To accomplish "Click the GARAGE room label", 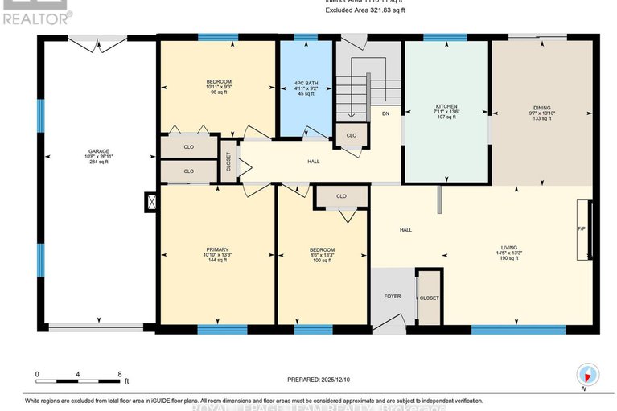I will (98, 150).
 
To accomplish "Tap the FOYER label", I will (392, 296).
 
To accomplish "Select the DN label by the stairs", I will (386, 113).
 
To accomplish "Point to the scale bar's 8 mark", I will (119, 375).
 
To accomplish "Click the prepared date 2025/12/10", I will (316, 379).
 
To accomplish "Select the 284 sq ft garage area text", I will (98, 162).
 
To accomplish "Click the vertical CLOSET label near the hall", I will (228, 161).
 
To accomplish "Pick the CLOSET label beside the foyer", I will (429, 297).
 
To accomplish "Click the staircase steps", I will (352, 95).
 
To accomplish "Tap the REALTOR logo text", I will (36, 15).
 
